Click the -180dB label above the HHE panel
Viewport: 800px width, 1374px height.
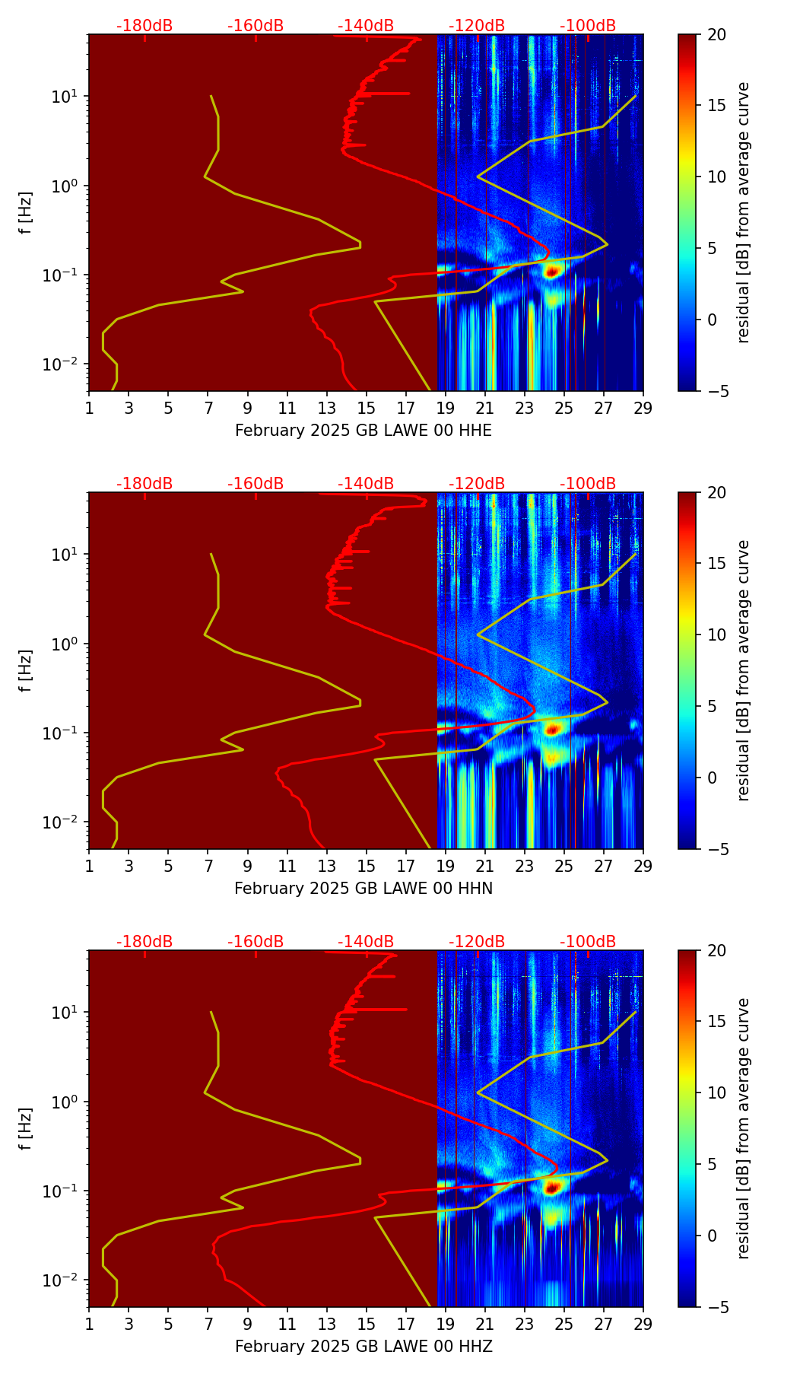coord(144,26)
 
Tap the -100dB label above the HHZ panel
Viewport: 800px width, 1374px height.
coord(588,942)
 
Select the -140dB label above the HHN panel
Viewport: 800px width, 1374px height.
coord(366,484)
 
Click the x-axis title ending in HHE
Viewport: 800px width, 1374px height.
coord(363,431)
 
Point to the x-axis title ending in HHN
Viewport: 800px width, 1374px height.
coord(363,889)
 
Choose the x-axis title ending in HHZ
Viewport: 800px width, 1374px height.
coord(363,1347)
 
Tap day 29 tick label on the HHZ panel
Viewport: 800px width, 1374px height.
coord(643,1324)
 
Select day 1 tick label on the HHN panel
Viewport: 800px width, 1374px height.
coord(89,866)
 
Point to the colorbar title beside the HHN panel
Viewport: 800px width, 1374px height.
coord(744,670)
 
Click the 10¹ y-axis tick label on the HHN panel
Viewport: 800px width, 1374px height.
coord(64,555)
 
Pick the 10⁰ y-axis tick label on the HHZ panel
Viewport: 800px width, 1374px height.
coord(64,1102)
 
